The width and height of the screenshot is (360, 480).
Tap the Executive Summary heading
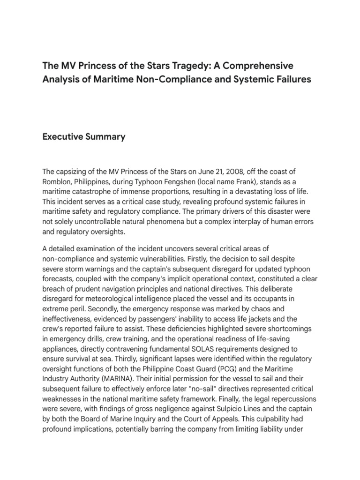point(84,137)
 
